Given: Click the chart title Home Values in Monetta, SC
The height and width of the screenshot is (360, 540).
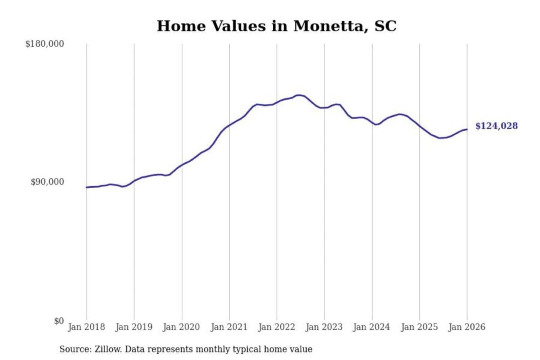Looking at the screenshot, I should tap(276, 26).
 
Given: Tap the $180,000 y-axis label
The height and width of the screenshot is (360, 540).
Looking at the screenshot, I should tap(45, 44).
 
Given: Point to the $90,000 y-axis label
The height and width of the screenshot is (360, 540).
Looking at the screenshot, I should tap(47, 182).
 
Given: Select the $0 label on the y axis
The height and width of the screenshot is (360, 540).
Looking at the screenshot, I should tap(59, 321).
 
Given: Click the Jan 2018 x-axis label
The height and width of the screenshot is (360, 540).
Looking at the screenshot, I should tap(86, 327).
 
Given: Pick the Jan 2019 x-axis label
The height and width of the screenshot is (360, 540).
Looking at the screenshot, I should tap(134, 327).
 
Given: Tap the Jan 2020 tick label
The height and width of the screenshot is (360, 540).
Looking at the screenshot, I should tap(181, 327).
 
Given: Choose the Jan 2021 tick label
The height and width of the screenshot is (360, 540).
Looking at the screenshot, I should tap(229, 327).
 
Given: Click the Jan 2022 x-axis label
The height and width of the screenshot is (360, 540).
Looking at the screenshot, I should tap(277, 327).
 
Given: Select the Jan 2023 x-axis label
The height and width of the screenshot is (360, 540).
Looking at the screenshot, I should tap(324, 327).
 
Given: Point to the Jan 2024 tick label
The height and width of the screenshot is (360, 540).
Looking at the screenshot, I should tap(372, 327).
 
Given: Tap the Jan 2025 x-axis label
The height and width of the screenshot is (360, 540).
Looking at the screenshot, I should tap(419, 327).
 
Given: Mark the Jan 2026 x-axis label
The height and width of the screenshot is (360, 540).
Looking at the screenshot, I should tap(467, 327).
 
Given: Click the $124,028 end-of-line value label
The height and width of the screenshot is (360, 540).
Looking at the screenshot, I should tap(496, 126).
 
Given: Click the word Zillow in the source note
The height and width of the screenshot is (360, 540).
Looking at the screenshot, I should tap(108, 349).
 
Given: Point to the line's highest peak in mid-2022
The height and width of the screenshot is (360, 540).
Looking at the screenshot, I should tap(299, 95).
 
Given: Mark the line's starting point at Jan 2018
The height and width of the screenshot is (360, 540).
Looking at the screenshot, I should tap(87, 187).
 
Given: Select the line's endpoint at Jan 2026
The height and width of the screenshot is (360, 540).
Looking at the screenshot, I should tap(467, 129).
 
